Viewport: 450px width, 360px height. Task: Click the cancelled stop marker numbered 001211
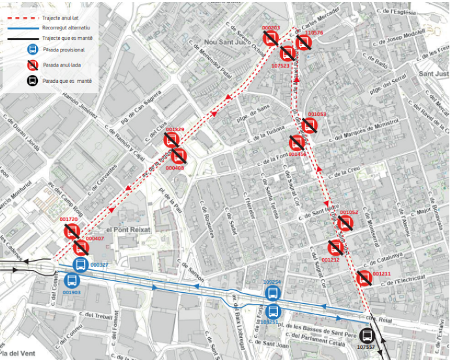click(x=365, y=278)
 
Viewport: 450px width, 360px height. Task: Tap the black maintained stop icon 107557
click(x=368, y=335)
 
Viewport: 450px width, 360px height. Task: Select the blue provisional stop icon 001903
click(x=71, y=280)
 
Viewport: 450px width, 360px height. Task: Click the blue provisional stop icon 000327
click(x=80, y=265)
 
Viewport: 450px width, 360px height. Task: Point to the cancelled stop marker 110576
click(x=303, y=43)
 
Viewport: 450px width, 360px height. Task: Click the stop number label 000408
click(x=175, y=168)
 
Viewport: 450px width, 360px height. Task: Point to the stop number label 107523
click(x=280, y=66)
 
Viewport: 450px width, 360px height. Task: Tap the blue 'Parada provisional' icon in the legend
click(x=31, y=49)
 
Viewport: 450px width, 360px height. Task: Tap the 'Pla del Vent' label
click(x=18, y=353)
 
